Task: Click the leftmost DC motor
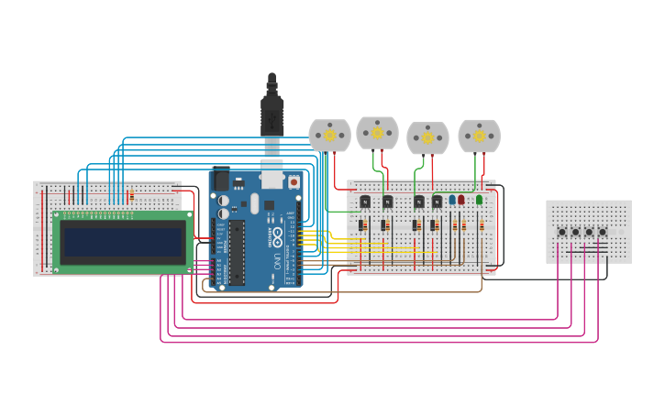pyautogui.click(x=329, y=136)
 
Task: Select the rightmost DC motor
pyautogui.click(x=479, y=136)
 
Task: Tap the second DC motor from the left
pyautogui.click(x=377, y=133)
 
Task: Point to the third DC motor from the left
pyautogui.click(x=427, y=137)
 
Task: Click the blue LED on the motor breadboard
pyautogui.click(x=452, y=199)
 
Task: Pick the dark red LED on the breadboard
pyautogui.click(x=461, y=199)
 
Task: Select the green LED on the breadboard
pyautogui.click(x=479, y=199)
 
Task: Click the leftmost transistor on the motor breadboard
pyautogui.click(x=365, y=202)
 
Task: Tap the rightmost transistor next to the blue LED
pyautogui.click(x=437, y=202)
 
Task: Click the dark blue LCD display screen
pyautogui.click(x=122, y=243)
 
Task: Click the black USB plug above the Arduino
pyautogui.click(x=272, y=110)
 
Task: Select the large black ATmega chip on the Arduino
pyautogui.click(x=237, y=252)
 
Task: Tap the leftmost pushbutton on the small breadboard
pyautogui.click(x=562, y=232)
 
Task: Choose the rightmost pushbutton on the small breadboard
pyautogui.click(x=603, y=232)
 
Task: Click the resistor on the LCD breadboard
pyautogui.click(x=131, y=195)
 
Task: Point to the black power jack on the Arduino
pyautogui.click(x=220, y=180)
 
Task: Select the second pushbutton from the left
pyautogui.click(x=576, y=232)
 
